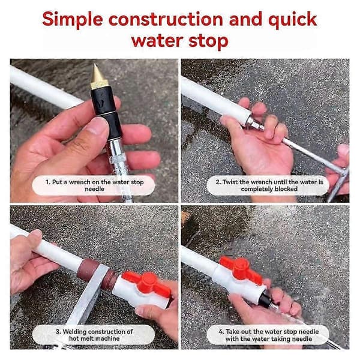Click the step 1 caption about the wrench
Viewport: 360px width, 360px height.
click(x=94, y=185)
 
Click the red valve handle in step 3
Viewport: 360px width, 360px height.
click(x=146, y=284)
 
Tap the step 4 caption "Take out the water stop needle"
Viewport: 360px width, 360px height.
click(x=269, y=335)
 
